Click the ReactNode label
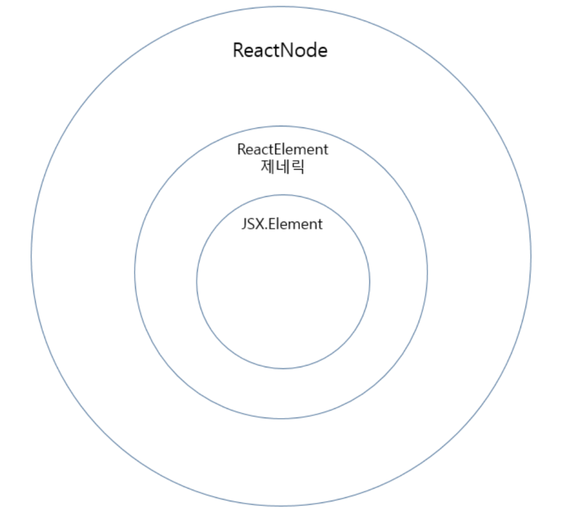point(280,50)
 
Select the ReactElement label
point(282,149)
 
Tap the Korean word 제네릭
point(282,167)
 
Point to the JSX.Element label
point(282,224)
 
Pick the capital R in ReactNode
point(238,50)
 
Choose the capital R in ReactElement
point(242,149)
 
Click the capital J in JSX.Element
point(244,225)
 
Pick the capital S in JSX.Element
point(251,224)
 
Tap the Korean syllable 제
point(268,167)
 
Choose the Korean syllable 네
point(282,167)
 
